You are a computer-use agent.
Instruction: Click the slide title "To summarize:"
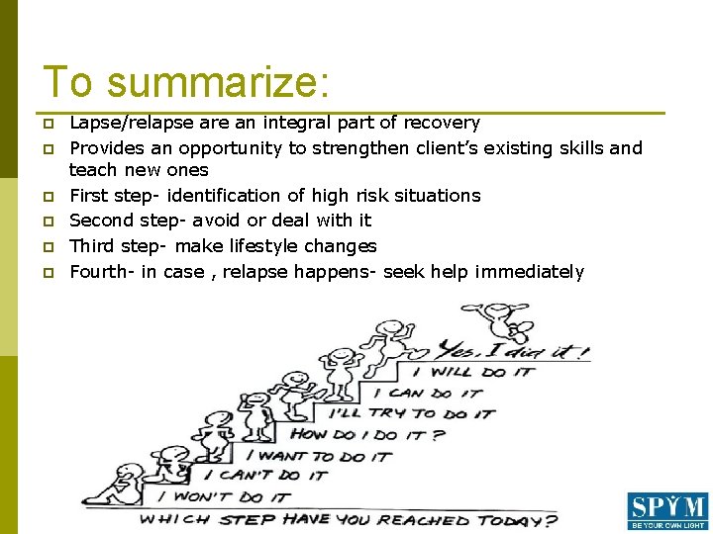(185, 81)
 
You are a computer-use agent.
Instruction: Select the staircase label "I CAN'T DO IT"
(272, 476)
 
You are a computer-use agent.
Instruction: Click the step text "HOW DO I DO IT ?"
(366, 434)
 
